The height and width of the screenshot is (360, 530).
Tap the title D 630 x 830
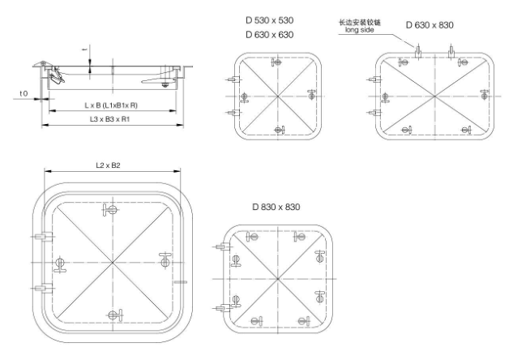coord(430,25)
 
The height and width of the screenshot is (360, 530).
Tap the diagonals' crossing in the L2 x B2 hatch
coord(110,262)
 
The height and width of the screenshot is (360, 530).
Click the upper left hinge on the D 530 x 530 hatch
coord(232,79)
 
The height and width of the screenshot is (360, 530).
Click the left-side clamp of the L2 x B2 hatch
coord(58,264)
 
